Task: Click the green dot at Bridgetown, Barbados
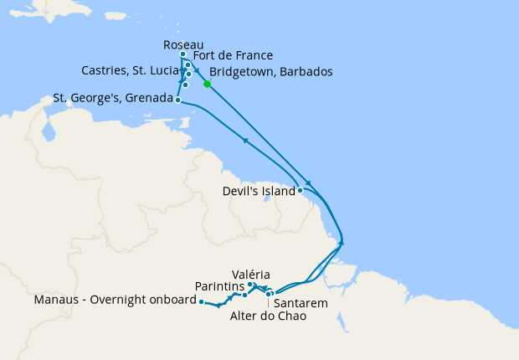(x=207, y=83)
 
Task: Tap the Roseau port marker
(x=183, y=54)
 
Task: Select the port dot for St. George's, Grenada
(x=178, y=100)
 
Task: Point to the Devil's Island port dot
(x=300, y=190)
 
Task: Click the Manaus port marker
(x=202, y=301)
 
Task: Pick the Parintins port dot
(x=244, y=295)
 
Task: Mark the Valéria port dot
(x=250, y=285)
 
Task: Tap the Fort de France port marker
(x=188, y=64)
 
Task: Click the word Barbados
(x=307, y=72)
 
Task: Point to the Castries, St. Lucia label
(x=130, y=69)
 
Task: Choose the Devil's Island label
(x=259, y=191)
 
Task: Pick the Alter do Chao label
(x=268, y=316)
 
